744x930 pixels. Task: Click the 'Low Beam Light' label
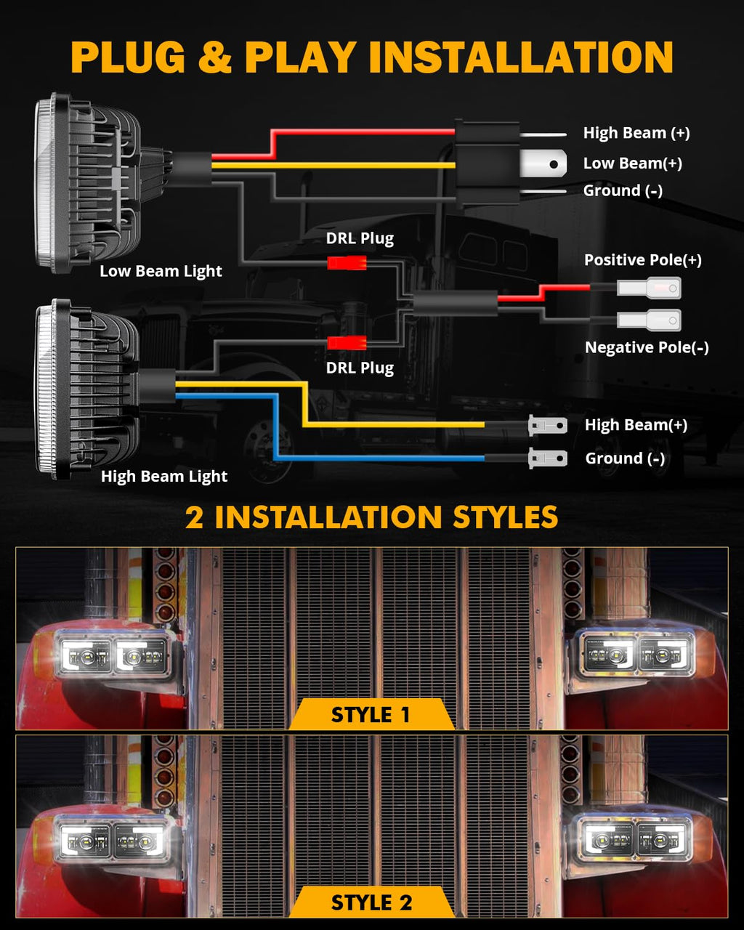point(161,271)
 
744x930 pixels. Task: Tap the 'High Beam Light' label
point(164,476)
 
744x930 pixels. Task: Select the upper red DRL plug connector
point(347,263)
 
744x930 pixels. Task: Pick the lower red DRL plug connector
point(347,343)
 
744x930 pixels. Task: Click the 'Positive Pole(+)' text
point(642,259)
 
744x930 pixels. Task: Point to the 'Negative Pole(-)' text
point(647,347)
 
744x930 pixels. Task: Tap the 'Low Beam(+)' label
point(632,163)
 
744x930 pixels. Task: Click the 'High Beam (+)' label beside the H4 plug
point(636,133)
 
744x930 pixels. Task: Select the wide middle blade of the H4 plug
point(543,163)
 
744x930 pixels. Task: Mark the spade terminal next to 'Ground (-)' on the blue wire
point(548,458)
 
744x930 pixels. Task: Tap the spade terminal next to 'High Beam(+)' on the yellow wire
point(548,426)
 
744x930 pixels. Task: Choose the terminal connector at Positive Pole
point(649,288)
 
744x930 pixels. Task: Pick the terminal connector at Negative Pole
point(649,320)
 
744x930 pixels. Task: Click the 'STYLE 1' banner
point(372,714)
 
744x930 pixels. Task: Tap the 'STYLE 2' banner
point(372,902)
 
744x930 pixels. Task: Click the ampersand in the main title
point(215,57)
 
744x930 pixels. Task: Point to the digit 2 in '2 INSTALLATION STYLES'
point(194,517)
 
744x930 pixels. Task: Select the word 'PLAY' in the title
point(301,57)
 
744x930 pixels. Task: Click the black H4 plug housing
point(488,163)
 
